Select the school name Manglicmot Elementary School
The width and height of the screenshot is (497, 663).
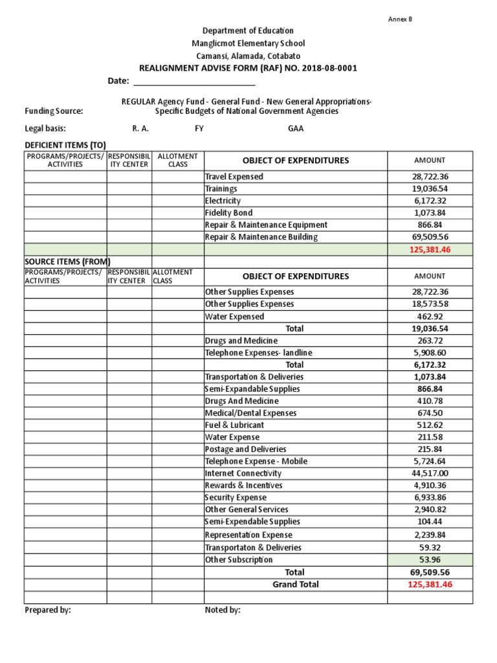248,43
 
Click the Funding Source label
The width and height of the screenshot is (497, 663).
54,111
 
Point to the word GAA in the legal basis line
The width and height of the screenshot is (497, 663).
296,128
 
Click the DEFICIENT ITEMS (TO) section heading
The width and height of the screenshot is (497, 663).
65,145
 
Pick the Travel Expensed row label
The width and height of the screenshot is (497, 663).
234,177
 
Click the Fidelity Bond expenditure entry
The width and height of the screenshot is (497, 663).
228,213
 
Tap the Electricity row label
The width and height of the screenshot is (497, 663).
223,201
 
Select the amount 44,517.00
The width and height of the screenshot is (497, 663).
430,473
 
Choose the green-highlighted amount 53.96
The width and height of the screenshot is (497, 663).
430,559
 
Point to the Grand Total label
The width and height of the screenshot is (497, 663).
295,584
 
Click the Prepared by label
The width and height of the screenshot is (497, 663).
48,610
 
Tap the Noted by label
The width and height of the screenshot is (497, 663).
223,610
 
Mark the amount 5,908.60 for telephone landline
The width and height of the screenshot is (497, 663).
430,353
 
